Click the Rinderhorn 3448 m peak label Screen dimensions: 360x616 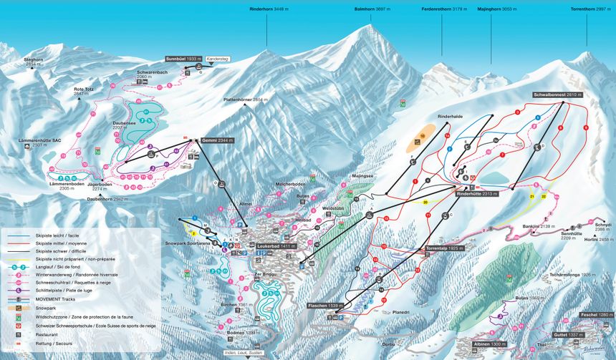tap(268, 10)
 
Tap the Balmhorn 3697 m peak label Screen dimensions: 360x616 tap(372, 10)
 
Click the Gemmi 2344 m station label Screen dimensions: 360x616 tap(218, 140)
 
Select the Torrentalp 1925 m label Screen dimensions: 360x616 tap(445, 248)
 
